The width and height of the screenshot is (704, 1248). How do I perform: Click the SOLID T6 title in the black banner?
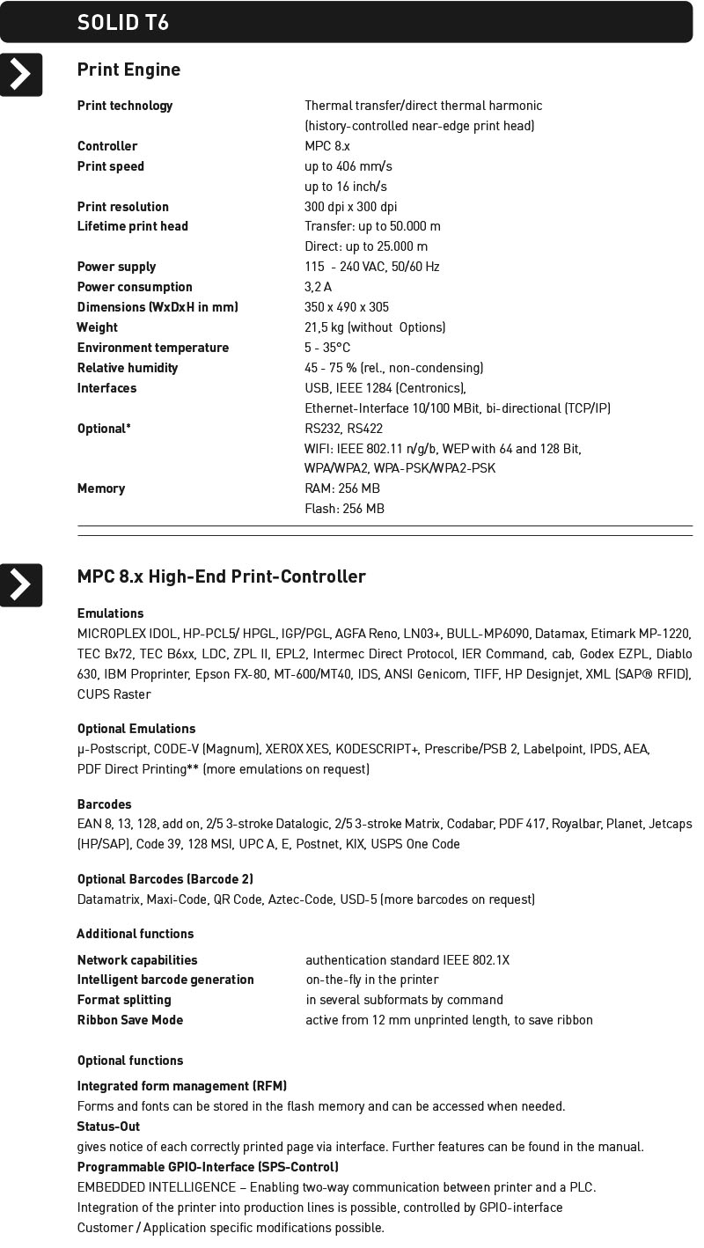point(122,22)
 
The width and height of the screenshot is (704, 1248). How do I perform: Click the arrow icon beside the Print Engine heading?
point(21,75)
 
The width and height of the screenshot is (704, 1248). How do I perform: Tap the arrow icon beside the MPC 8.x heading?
point(21,585)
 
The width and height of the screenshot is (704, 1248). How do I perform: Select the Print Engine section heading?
point(128,70)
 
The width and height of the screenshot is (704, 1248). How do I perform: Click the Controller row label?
point(107,146)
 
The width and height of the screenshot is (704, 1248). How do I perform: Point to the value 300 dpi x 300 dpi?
point(350,207)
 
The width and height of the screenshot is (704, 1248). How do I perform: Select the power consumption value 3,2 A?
point(318,287)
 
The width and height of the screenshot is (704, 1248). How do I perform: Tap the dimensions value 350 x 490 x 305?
point(347,307)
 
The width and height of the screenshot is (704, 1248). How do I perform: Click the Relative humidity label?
point(128,368)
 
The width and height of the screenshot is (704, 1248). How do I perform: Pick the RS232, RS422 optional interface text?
point(343,429)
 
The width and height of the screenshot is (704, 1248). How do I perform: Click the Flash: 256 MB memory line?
point(344,509)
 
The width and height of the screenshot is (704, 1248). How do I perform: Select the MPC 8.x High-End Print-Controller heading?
point(221,576)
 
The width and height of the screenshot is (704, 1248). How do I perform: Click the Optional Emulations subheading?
point(136,729)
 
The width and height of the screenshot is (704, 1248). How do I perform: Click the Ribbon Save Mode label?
point(130,1020)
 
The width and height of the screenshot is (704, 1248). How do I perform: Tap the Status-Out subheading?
point(108,1127)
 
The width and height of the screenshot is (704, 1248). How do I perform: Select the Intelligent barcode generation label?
point(165,980)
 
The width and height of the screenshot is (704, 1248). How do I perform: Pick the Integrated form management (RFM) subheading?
point(182,1086)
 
